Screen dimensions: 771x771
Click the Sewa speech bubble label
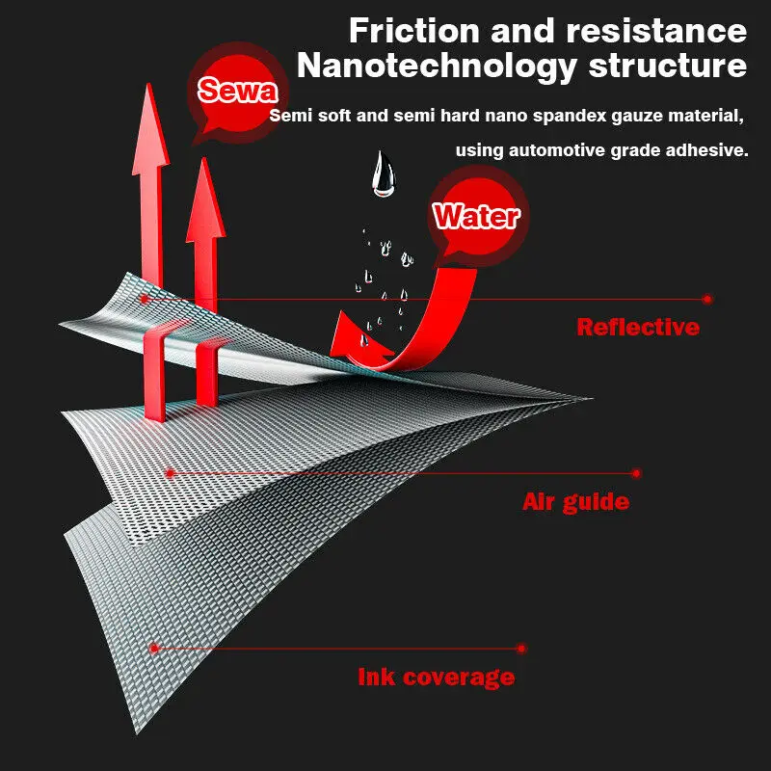click(x=237, y=92)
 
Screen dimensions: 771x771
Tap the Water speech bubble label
click(x=476, y=216)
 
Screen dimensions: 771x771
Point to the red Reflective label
click(x=638, y=327)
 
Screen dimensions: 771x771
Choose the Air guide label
click(x=575, y=502)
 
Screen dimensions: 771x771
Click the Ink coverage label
click(x=436, y=677)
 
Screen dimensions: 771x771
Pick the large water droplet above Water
click(x=384, y=175)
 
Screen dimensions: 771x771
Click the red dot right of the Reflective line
click(x=707, y=299)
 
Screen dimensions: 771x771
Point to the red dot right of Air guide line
click(x=636, y=473)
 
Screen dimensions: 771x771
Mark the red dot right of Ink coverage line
click(x=521, y=649)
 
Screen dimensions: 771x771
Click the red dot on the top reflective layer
click(x=144, y=299)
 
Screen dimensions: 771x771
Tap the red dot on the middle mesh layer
click(x=170, y=473)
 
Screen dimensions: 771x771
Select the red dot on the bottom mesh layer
click(x=151, y=649)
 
